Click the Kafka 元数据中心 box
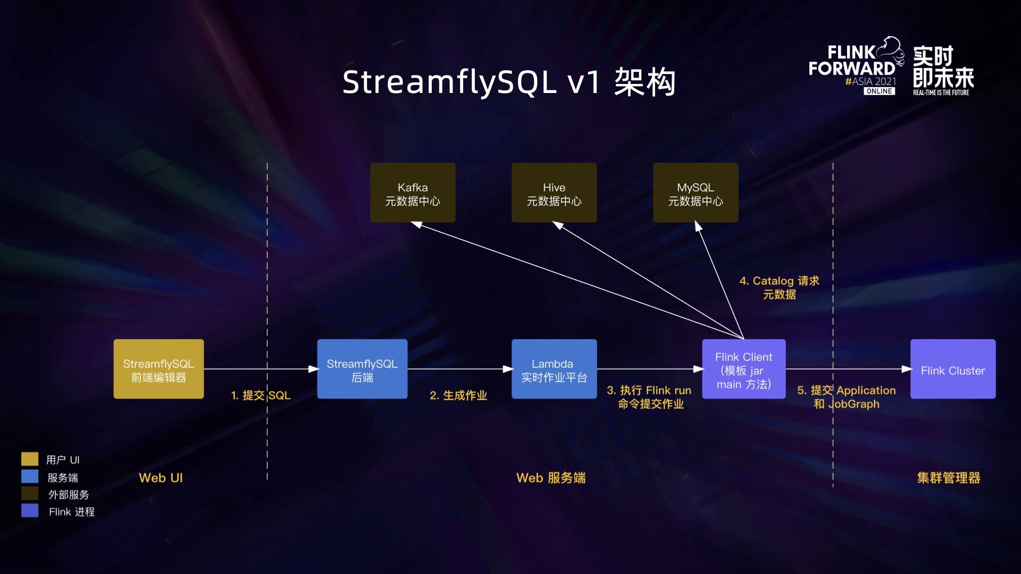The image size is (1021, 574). pos(413,193)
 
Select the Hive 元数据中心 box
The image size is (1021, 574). pos(554,193)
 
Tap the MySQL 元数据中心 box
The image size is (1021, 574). pos(696,193)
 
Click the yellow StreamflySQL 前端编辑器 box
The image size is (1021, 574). pos(158,369)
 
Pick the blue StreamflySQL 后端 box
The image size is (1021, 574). pos(362,369)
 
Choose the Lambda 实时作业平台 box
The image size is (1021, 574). pos(554,369)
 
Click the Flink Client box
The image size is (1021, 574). pos(743,369)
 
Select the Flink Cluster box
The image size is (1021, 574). pos(953,369)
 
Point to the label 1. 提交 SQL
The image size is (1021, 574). pos(261,395)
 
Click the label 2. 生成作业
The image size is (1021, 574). pos(458,395)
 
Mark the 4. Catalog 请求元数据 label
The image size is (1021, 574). pos(780,288)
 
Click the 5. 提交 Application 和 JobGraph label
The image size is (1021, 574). pos(847,397)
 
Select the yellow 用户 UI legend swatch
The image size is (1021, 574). pos(30,459)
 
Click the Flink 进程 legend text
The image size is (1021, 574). pos(72,512)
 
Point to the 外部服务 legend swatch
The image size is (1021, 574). pos(30,494)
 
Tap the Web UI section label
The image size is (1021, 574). pos(161,478)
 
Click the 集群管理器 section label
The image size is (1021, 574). pos(949,478)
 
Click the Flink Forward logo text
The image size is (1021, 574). pos(852,61)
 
